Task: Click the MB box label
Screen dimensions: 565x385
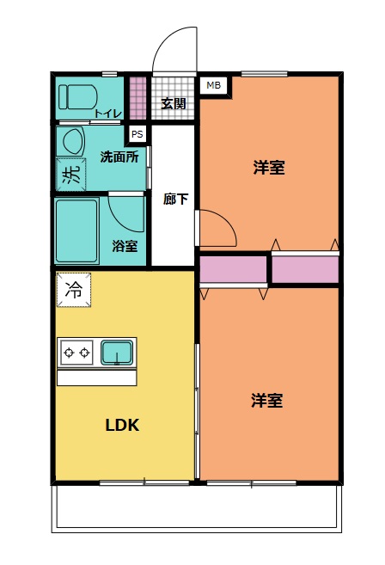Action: point(212,85)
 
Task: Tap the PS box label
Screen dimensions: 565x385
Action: point(136,133)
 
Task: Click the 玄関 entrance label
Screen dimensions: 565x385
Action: point(173,104)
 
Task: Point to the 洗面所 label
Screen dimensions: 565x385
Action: point(119,157)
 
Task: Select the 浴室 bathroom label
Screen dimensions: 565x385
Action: point(125,246)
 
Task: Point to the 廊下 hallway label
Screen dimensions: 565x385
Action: point(175,198)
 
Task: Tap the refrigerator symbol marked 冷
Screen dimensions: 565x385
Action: point(74,290)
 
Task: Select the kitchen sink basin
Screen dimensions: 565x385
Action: point(116,352)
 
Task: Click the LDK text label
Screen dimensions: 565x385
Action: point(122,425)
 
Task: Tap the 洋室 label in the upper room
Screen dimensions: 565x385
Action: point(269,167)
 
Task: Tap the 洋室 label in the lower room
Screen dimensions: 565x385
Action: point(267,400)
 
